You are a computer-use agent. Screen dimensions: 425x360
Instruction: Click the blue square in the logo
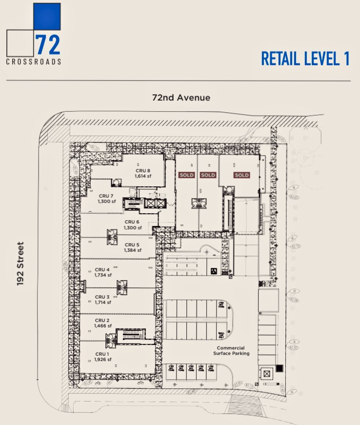tap(46, 17)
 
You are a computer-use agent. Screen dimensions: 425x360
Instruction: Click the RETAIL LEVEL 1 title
tap(305, 58)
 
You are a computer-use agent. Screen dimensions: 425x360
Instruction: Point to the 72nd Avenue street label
tap(181, 98)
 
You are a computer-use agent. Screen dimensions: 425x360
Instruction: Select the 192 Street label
tap(20, 263)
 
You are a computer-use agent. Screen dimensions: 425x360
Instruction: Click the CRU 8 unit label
tap(143, 170)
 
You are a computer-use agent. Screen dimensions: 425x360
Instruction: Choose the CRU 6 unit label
tap(133, 222)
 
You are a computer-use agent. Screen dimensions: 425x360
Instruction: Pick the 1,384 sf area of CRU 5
tap(133, 250)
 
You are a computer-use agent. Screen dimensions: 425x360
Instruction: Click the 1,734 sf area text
tap(103, 275)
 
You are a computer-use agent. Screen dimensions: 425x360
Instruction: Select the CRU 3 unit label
tap(102, 297)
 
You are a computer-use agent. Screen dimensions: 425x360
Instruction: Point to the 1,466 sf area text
tap(103, 325)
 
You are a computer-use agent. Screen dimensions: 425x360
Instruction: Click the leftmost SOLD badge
tap(186, 175)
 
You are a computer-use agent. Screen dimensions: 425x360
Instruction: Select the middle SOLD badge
tap(208, 175)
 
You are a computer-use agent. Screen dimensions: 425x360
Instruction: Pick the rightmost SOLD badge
tap(241, 175)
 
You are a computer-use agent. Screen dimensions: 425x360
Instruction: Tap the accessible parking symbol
tap(213, 272)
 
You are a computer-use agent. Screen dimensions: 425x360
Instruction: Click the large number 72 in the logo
tap(48, 44)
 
